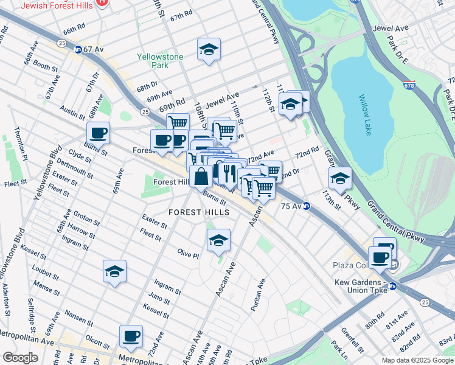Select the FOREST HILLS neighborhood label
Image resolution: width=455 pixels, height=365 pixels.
click(200, 212)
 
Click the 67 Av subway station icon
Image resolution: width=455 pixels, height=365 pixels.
click(78, 49)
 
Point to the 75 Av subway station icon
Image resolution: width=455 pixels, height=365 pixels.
click(307, 206)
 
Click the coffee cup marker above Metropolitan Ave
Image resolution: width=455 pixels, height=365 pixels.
click(130, 336)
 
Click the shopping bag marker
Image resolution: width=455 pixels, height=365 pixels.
click(201, 177)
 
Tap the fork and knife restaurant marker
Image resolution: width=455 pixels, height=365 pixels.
click(229, 173)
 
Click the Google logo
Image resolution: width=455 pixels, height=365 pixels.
click(20, 358)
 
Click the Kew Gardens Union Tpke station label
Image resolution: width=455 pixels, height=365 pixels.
click(362, 287)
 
